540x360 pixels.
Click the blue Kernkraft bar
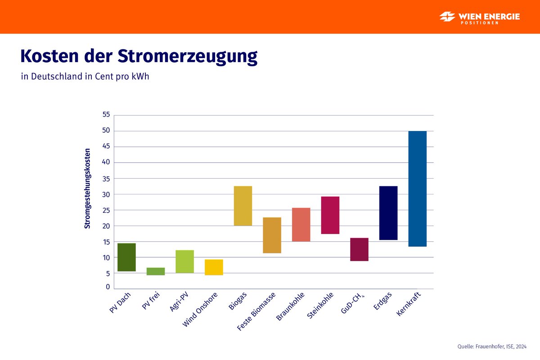click(417, 189)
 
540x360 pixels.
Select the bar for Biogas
click(243, 206)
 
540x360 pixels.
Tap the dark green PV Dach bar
click(126, 257)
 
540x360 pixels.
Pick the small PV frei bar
click(156, 271)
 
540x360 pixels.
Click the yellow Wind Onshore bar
click(214, 267)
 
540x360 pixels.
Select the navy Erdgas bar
click(388, 213)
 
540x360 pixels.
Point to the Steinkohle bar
click(330, 215)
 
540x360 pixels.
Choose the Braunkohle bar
click(301, 225)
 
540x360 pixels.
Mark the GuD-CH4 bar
click(359, 249)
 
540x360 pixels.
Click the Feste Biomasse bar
click(272, 235)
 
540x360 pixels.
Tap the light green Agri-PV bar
click(184, 261)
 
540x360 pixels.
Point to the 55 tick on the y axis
click(106, 115)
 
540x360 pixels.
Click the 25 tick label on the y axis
click(106, 210)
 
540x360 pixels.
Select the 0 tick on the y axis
click(108, 287)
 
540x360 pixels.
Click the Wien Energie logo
click(480, 17)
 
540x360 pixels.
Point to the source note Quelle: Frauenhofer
click(491, 346)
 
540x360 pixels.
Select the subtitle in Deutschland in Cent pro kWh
click(85, 76)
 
